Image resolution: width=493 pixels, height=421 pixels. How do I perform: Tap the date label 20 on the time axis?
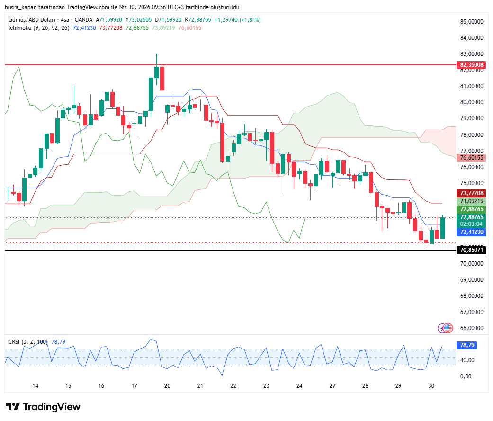pos(167,386)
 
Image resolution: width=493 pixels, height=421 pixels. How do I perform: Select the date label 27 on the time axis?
pos(332,386)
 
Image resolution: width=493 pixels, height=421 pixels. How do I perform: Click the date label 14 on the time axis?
pos(35,386)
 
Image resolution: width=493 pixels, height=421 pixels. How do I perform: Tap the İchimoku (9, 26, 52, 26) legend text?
pos(39,28)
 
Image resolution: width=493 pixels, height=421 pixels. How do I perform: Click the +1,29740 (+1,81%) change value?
pos(237,20)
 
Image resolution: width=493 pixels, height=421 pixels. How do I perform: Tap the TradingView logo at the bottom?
pos(43,407)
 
